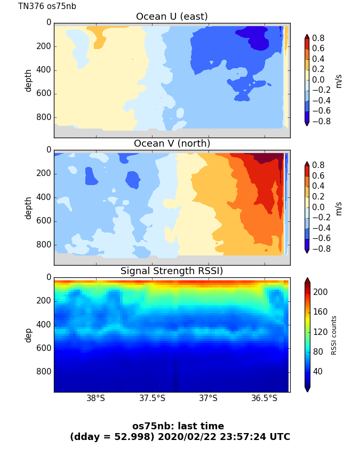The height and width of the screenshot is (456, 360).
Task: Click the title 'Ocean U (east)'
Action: coord(172,17)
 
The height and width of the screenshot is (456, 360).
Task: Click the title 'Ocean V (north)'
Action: coord(172,143)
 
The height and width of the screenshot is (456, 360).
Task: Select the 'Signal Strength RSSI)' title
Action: coord(172,271)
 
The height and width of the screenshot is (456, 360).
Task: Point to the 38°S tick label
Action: coord(96,398)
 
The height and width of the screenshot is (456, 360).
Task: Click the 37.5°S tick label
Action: coord(152,398)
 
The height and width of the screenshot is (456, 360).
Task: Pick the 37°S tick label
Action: coord(208,398)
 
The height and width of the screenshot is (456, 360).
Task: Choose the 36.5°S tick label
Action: coord(264,398)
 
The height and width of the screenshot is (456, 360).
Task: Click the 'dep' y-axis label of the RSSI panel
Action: coord(28,335)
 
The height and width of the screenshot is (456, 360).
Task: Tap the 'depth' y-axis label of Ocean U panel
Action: coord(28,80)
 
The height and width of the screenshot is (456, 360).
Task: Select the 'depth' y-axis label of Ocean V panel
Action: coord(28,207)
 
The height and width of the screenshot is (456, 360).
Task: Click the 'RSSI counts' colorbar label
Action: coord(334,335)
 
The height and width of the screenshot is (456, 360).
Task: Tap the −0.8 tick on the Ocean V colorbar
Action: coord(319,249)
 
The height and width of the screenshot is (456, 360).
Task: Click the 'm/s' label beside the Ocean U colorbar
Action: coord(338,80)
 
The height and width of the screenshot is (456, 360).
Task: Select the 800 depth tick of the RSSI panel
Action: coord(45,371)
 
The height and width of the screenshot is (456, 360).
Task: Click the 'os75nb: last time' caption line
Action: coord(178,426)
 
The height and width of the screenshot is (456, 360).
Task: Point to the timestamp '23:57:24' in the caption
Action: coord(247,437)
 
